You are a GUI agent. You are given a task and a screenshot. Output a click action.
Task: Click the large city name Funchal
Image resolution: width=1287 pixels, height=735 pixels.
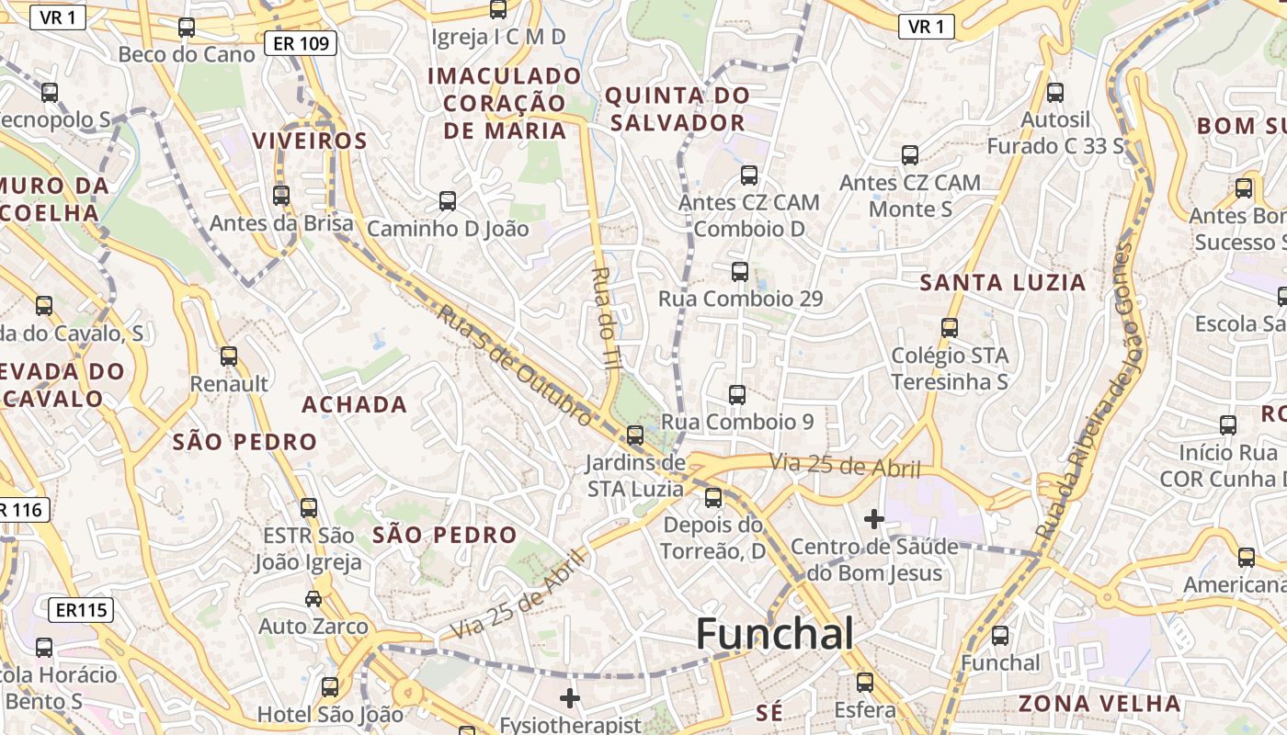click(x=774, y=634)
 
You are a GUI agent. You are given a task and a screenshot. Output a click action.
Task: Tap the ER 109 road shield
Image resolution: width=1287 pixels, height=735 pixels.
click(x=301, y=43)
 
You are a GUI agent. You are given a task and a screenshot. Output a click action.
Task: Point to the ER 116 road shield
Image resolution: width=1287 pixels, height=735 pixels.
click(x=21, y=510)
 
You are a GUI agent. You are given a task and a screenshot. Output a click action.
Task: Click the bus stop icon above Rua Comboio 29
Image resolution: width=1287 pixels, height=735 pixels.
click(x=740, y=272)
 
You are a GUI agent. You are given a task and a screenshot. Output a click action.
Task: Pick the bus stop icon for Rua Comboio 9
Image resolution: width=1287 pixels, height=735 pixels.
click(x=737, y=395)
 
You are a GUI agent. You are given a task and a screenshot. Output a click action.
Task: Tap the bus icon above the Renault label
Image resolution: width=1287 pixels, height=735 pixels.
click(x=229, y=356)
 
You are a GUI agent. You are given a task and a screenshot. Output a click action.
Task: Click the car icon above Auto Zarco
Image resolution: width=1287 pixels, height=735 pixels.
click(x=313, y=599)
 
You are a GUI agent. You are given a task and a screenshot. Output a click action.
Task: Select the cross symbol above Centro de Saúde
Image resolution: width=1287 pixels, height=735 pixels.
click(x=873, y=520)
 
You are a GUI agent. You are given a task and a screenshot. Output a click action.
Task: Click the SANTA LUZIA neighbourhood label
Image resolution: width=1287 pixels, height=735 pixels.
click(x=1003, y=283)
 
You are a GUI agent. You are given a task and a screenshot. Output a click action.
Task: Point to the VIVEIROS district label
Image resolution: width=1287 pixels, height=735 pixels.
click(x=310, y=141)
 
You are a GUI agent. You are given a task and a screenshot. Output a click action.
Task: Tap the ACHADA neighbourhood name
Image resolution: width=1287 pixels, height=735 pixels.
click(x=355, y=404)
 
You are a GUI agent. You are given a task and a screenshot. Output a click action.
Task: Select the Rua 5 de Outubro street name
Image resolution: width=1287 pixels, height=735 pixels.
click(x=514, y=365)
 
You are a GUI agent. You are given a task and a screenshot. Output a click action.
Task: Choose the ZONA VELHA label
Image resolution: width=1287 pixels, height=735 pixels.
click(x=1099, y=704)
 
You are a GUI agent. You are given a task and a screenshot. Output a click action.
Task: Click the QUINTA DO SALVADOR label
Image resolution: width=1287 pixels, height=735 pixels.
click(x=677, y=108)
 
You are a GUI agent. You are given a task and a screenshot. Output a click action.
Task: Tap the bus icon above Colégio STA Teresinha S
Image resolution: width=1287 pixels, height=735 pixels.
click(x=950, y=327)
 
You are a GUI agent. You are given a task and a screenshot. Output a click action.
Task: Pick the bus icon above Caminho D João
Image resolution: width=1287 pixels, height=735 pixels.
click(x=448, y=200)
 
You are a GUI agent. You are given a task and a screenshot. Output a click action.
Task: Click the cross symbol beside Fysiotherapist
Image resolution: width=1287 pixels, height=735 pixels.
click(x=570, y=699)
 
